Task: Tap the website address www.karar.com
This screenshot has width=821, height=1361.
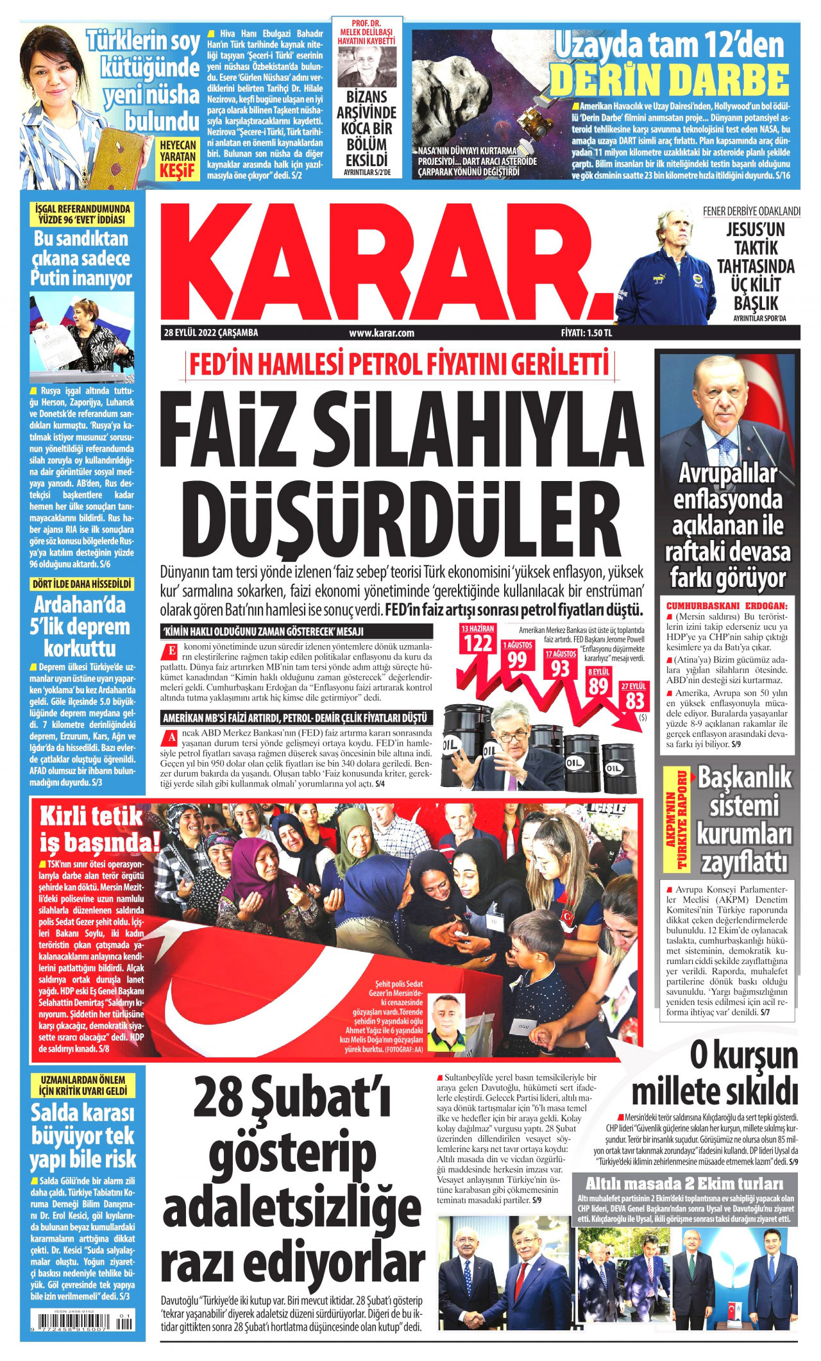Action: click(x=382, y=333)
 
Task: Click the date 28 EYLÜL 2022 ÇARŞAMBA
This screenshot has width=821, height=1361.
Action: click(x=211, y=333)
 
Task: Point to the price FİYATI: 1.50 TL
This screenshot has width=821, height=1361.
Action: click(x=586, y=333)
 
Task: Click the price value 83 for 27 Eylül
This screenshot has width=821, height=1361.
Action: click(x=634, y=700)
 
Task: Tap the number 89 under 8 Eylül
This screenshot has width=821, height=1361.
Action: click(x=598, y=686)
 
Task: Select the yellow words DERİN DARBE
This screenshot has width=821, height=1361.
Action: click(x=669, y=80)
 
